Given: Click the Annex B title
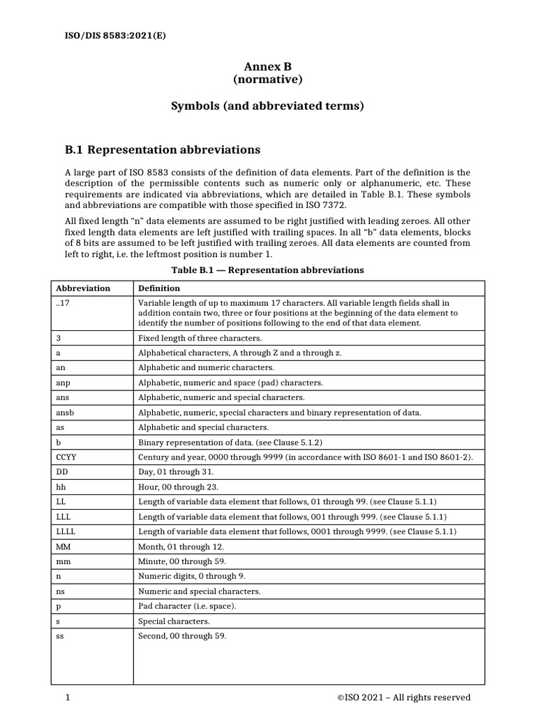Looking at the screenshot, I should coord(267,66).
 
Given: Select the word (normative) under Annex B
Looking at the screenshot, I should coord(267,80).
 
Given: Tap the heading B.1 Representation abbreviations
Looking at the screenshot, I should coord(162,149).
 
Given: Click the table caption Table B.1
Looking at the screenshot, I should coord(267,270).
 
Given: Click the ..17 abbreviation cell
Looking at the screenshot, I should coord(62,303).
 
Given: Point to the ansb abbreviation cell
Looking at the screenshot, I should coord(65,413).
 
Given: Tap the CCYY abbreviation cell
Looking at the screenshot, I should coord(66,457).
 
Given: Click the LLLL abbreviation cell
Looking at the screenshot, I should coord(65,531).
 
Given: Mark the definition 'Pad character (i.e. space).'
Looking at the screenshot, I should coord(187,605).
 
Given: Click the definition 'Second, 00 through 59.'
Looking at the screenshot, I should coord(182,635).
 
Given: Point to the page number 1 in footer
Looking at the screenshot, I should coord(68,697).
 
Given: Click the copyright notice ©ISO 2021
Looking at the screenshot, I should coord(403,697).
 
